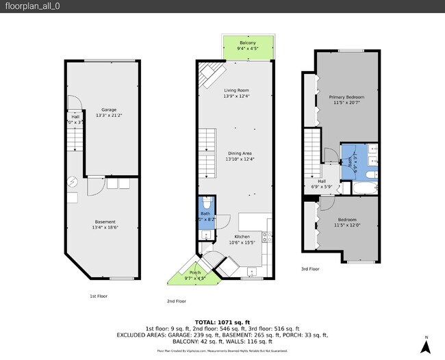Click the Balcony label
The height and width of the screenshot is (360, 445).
[x=247, y=43]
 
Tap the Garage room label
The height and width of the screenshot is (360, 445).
[x=109, y=110]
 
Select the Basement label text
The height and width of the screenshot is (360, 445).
[x=105, y=221]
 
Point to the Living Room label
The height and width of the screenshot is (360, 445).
[x=236, y=90]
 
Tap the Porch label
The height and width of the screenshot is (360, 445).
[x=194, y=272]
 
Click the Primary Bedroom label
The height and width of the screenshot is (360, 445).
[x=346, y=97]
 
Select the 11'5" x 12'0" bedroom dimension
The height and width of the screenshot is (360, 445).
[x=346, y=225]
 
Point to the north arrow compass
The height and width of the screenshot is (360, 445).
[x=425, y=346]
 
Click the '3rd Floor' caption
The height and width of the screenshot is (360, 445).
[x=310, y=269]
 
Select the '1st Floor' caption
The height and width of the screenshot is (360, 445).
[x=98, y=296]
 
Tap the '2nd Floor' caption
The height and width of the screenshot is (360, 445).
[x=176, y=301]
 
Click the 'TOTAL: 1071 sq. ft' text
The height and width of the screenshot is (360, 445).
[x=222, y=322]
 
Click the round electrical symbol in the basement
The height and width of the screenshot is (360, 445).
[x=73, y=182]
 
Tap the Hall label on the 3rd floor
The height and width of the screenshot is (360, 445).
[x=321, y=181]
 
